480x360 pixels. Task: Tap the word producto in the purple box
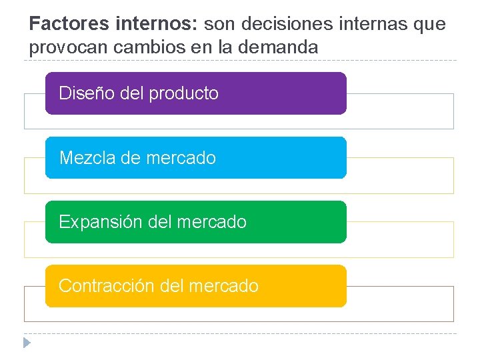click(x=184, y=94)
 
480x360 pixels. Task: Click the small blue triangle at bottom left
click(x=26, y=343)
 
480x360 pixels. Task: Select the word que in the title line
click(x=430, y=25)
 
